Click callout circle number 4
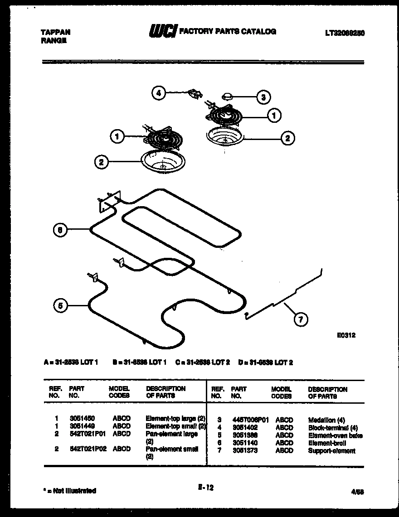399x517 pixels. [158, 93]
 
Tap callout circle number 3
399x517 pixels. [263, 97]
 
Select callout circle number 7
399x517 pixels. [300, 320]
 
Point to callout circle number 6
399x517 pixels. [59, 230]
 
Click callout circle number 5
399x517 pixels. [59, 306]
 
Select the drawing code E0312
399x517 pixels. [346, 336]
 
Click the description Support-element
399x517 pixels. [331, 451]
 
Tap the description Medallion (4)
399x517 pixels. [326, 420]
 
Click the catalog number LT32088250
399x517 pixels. [345, 33]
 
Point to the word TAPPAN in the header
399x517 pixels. [56, 33]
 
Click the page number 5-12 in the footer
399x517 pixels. [205, 488]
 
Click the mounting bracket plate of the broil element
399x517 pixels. [109, 200]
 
